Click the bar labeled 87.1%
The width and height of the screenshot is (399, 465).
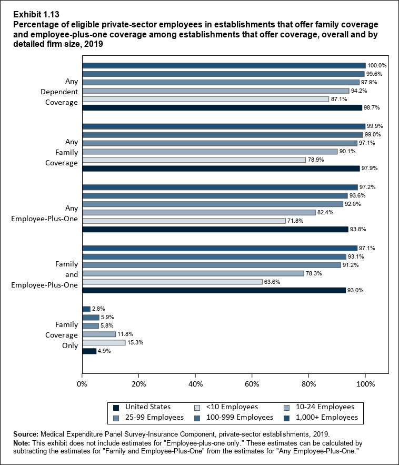(x=205, y=99)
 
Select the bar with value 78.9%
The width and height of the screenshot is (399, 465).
(x=194, y=160)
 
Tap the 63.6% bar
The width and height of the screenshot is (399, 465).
(x=172, y=282)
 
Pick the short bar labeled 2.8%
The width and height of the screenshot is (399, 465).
(x=86, y=309)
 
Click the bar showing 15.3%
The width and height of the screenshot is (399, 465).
(x=104, y=342)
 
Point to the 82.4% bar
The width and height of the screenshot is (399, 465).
(x=199, y=212)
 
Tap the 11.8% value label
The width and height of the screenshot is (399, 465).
(x=125, y=334)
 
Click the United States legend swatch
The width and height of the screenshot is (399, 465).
(x=116, y=407)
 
